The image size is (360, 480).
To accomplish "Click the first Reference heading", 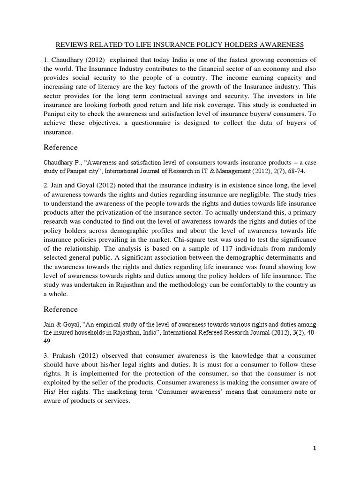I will (60, 148).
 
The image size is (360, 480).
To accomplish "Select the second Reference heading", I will (60, 310).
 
